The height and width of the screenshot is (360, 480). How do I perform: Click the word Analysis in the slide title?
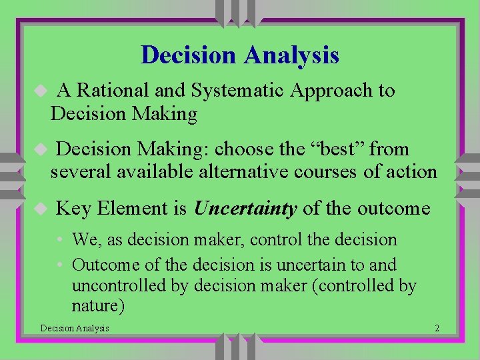[x=291, y=55]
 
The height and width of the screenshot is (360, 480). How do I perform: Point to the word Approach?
[x=331, y=91]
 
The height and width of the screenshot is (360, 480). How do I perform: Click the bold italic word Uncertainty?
[x=245, y=209]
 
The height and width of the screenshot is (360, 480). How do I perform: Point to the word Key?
[x=72, y=209]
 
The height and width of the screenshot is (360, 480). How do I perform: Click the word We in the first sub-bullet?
[x=84, y=239]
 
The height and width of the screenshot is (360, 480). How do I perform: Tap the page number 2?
[x=436, y=328]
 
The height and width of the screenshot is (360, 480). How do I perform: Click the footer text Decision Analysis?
[x=75, y=328]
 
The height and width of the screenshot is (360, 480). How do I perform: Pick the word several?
[x=79, y=171]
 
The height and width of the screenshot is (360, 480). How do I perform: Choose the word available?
[x=156, y=171]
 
